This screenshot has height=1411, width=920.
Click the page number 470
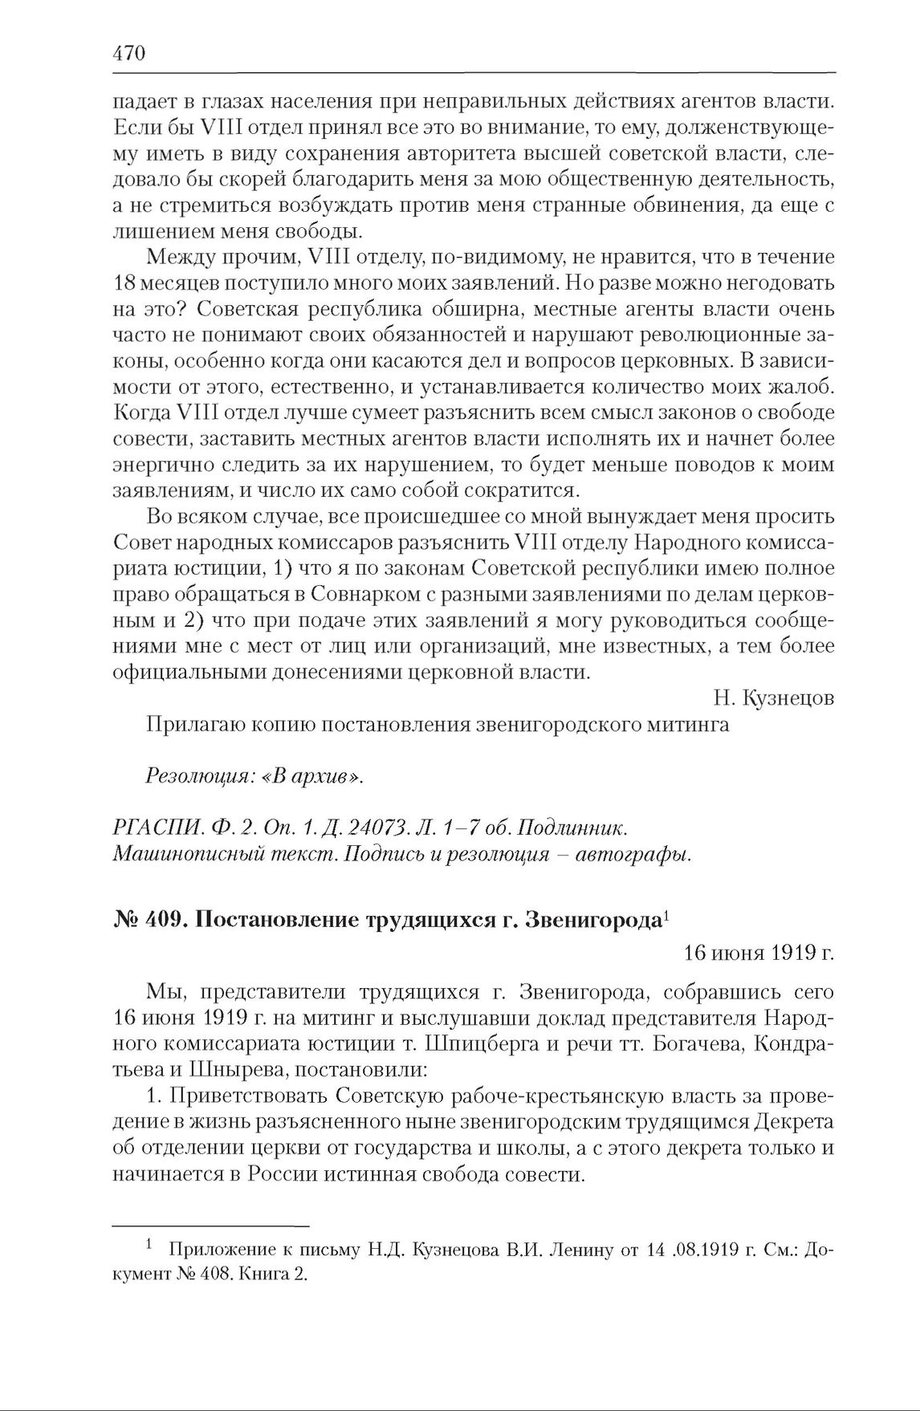[128, 54]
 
